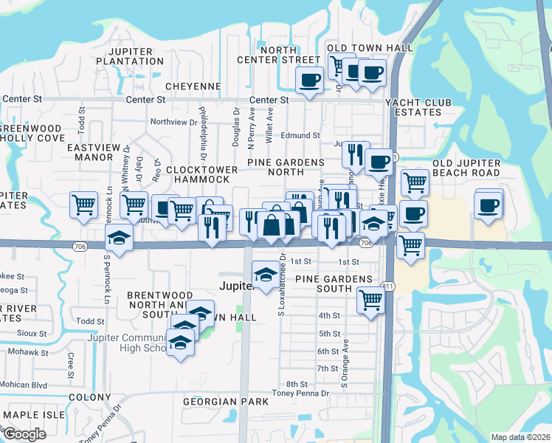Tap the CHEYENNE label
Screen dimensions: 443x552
pos(193,86)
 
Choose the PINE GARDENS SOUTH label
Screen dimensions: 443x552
pos(334,284)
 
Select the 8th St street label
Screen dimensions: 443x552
pos(297,384)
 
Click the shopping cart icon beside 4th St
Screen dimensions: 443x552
pos(370,299)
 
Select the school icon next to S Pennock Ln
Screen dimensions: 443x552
pos(118,238)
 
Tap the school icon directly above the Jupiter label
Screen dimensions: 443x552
pos(266,272)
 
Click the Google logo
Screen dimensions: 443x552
pos(24,434)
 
